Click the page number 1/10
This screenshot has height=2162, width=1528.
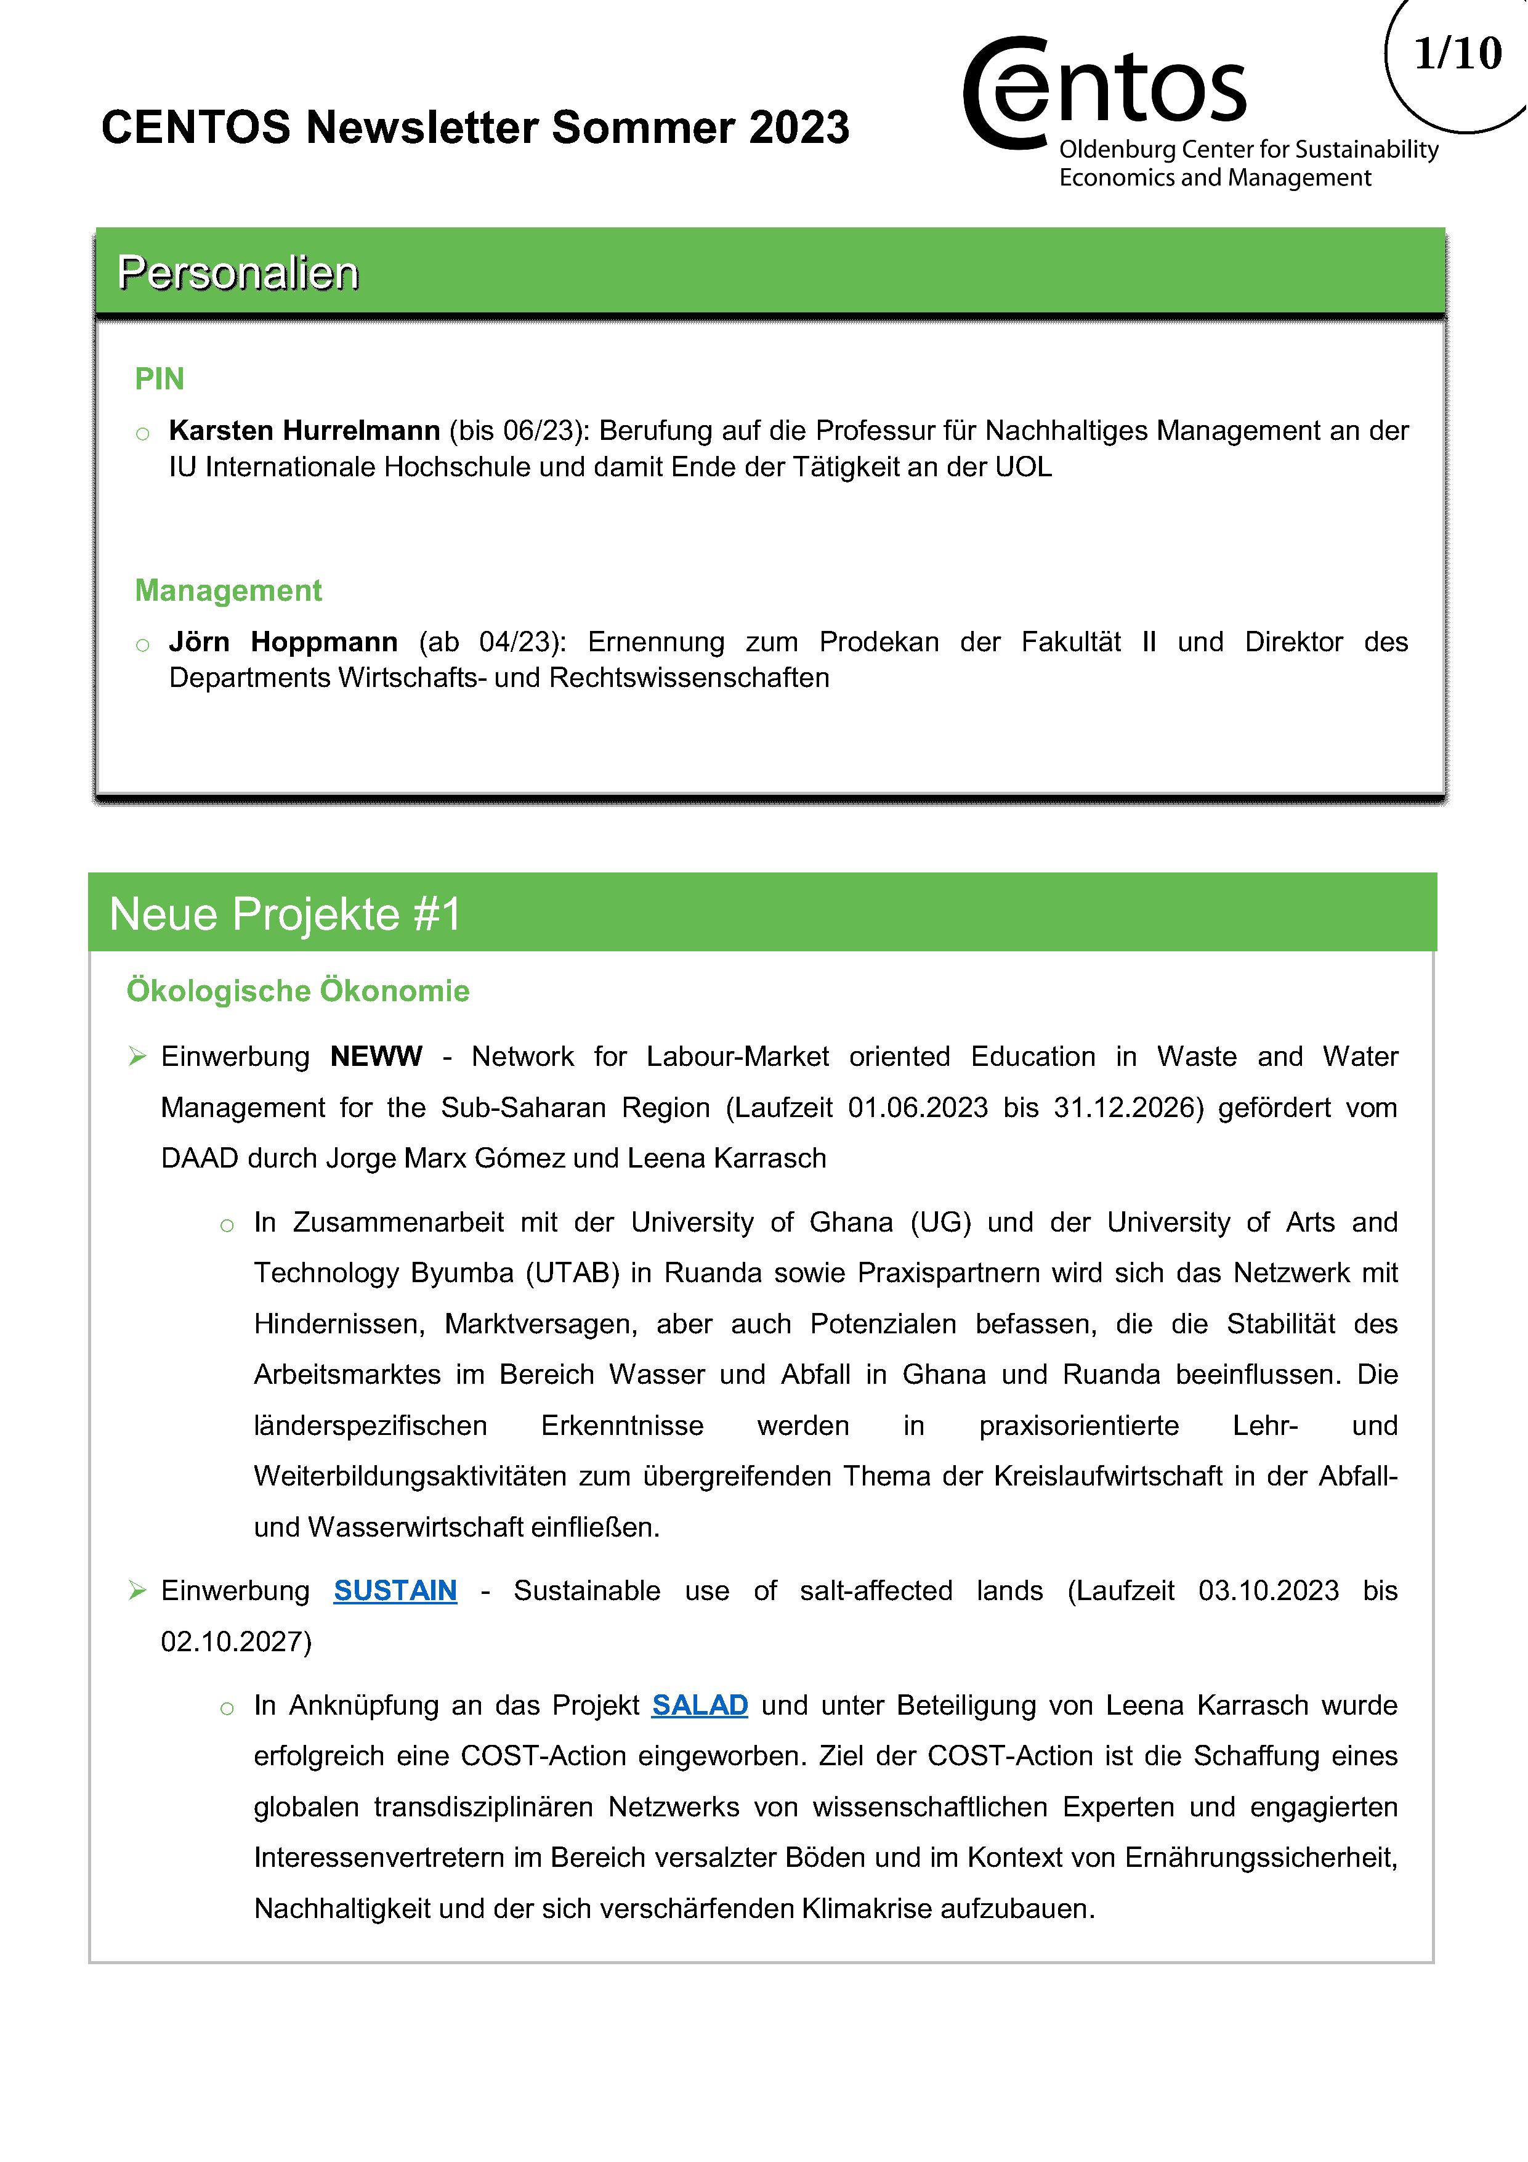click(1457, 54)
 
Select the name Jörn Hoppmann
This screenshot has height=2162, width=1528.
click(283, 642)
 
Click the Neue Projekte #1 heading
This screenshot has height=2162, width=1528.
click(285, 913)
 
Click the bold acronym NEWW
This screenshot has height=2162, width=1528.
click(376, 1057)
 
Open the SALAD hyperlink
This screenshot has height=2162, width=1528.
click(700, 1705)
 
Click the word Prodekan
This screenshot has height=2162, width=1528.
click(878, 642)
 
